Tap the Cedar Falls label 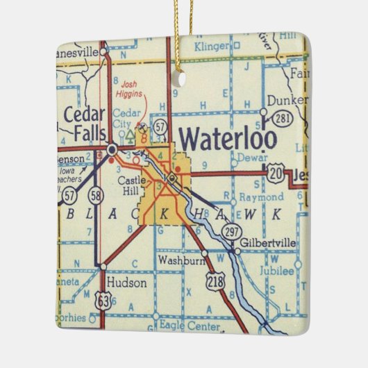85,122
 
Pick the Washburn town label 179,261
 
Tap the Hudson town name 127,283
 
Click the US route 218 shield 215,280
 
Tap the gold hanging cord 182,35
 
